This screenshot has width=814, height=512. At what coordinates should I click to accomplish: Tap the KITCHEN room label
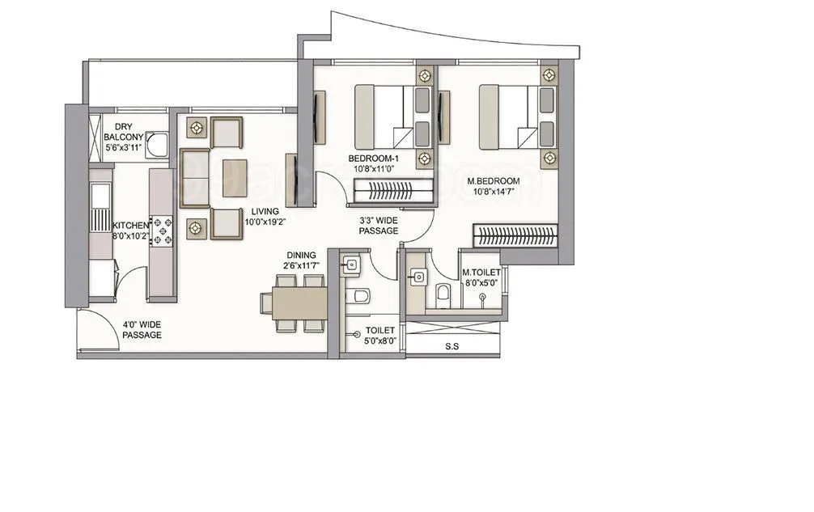point(129,226)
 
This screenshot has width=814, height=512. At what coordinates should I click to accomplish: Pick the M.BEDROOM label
point(493,181)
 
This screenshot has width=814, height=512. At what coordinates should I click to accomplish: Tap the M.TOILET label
point(481,273)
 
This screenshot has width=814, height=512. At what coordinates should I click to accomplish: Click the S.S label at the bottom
point(453,348)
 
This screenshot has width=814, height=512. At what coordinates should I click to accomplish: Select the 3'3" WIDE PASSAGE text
point(379,225)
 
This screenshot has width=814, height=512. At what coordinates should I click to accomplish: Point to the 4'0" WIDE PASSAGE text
point(142,328)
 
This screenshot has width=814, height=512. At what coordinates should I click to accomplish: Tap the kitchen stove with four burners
point(164,230)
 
